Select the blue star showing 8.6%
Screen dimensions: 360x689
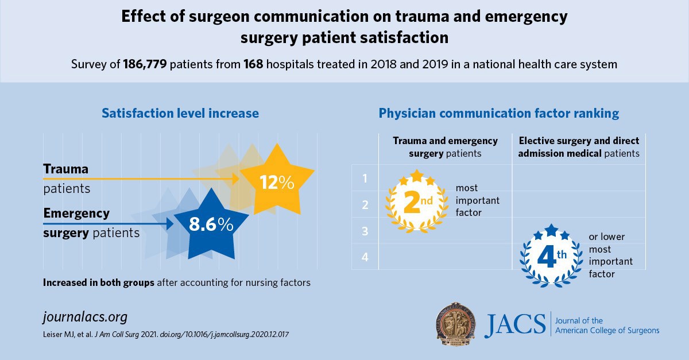(x=211, y=224)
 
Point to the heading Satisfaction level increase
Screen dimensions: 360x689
(x=180, y=113)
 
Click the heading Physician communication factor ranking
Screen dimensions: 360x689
(x=498, y=113)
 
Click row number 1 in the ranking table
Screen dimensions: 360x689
(x=365, y=179)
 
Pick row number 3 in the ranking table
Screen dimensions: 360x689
(x=365, y=231)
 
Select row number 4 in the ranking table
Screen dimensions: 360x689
(x=365, y=257)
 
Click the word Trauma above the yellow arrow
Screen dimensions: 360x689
(x=66, y=169)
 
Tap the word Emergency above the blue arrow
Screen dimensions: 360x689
(x=76, y=214)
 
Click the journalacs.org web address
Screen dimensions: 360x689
(x=85, y=317)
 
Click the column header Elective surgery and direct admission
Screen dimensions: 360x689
(x=578, y=147)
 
